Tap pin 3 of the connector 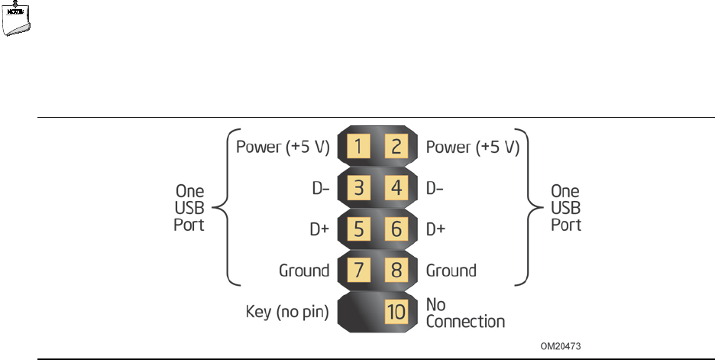[360, 188]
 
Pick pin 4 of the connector [396, 188]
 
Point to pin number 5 [360, 229]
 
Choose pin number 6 [396, 229]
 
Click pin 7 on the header [360, 271]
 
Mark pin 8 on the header [396, 271]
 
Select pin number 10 [396, 312]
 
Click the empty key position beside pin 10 [360, 312]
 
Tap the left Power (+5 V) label [282, 148]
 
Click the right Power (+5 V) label [473, 148]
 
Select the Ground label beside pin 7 [304, 271]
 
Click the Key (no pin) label [287, 312]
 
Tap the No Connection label [464, 313]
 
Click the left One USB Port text [188, 208]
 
